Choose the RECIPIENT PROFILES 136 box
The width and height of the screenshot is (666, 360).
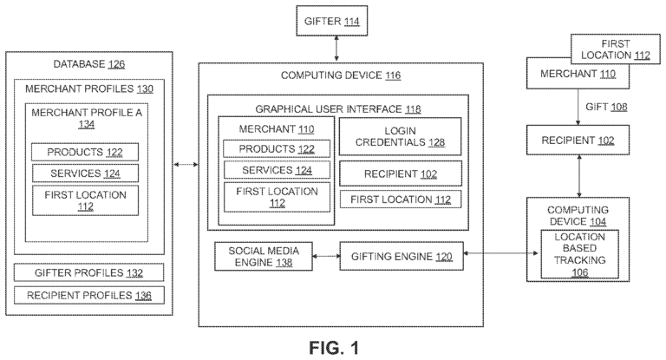(x=85, y=296)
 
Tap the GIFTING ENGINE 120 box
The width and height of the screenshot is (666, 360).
(x=401, y=256)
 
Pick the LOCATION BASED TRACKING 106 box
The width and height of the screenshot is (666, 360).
(x=580, y=253)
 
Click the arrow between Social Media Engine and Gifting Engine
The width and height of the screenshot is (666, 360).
(x=316, y=256)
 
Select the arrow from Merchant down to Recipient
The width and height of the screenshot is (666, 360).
(x=580, y=107)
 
